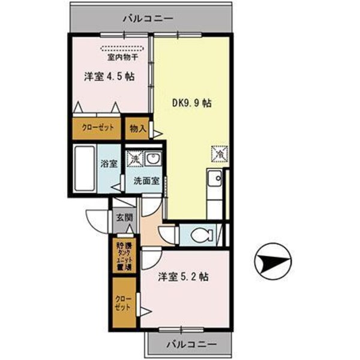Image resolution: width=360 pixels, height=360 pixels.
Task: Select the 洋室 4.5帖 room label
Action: click(108, 77)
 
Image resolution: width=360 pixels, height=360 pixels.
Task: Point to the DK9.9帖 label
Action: click(191, 103)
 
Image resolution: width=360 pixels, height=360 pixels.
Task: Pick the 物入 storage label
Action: click(137, 128)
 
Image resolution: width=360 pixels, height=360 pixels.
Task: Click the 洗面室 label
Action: click(146, 180)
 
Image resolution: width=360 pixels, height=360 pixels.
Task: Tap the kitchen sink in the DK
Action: click(213, 178)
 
